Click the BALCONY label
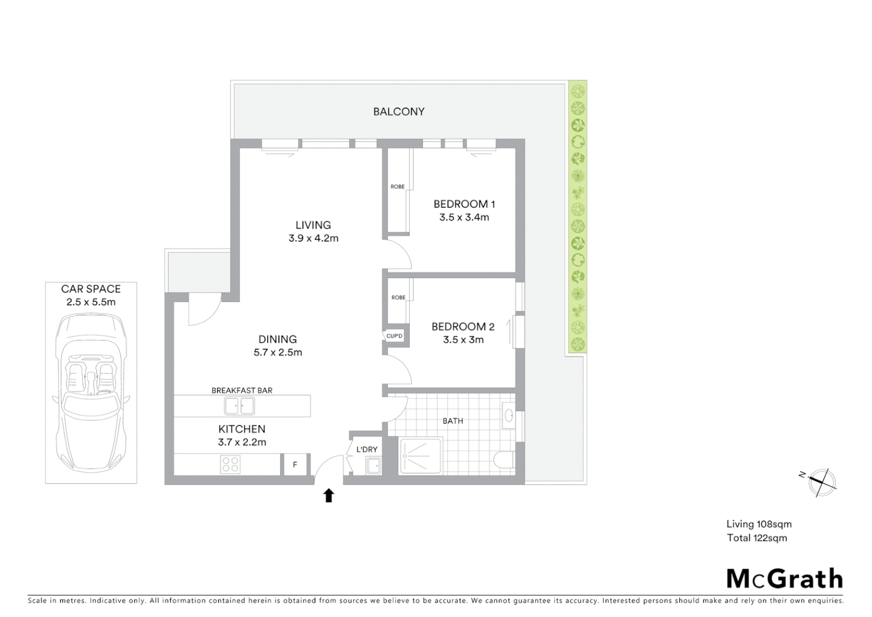click(398, 111)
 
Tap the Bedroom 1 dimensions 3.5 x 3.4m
click(464, 217)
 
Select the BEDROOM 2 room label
click(463, 327)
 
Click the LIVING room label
click(313, 225)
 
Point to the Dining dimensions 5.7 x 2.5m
click(278, 352)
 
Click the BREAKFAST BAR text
click(242, 391)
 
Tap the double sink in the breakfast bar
click(240, 406)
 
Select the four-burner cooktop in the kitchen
click(231, 464)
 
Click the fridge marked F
click(295, 464)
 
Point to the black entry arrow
click(329, 495)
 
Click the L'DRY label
click(367, 450)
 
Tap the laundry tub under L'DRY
click(373, 466)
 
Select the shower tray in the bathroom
click(421, 456)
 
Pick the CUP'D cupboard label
click(394, 336)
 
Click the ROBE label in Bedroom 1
click(398, 187)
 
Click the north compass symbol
click(821, 481)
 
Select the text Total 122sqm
click(757, 538)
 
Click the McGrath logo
click(784, 579)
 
